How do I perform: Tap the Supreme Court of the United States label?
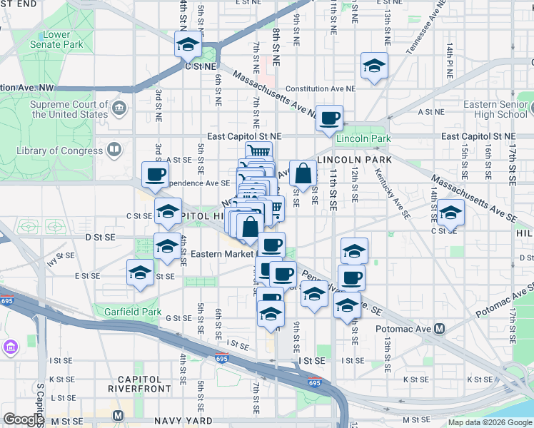coord(69,109)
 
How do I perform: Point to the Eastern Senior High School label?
coord(495,109)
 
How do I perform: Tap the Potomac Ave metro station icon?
coord(439,329)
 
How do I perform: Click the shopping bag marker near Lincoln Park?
coord(303,173)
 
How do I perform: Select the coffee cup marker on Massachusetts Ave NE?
coord(329,118)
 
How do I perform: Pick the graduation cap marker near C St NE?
coord(188,46)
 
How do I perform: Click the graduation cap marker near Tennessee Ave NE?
coord(374,66)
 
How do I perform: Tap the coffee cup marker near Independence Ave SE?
coord(155,175)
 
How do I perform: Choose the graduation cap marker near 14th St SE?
coord(450,213)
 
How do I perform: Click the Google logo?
coord(24,419)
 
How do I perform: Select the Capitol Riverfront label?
coord(139,384)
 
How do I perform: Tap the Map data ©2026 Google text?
coord(489,422)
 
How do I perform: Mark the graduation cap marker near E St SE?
coord(140,272)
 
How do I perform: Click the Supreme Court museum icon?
coord(119,109)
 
